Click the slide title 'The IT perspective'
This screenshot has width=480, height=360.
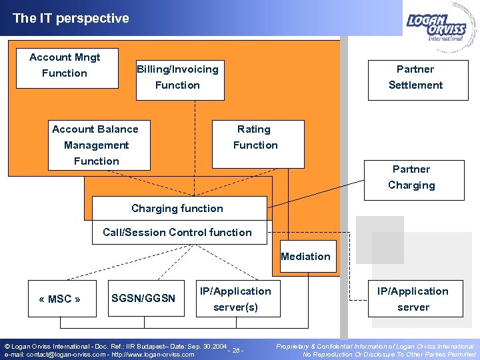[x=71, y=19]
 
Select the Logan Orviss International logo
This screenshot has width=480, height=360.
[x=439, y=23]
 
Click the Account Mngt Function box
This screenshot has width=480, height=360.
[x=65, y=65]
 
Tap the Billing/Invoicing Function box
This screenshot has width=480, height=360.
[x=177, y=77]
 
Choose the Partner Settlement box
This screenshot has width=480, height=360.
[x=415, y=77]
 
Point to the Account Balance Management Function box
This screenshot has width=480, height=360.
[x=97, y=145]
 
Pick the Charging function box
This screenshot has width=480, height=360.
[x=178, y=209]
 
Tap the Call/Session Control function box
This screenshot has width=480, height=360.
[x=178, y=233]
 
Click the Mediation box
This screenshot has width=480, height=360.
[x=305, y=257]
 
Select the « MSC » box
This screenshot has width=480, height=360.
[x=60, y=299]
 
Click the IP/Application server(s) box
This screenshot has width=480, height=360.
[x=236, y=299]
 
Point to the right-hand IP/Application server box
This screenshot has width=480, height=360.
[x=413, y=299]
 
